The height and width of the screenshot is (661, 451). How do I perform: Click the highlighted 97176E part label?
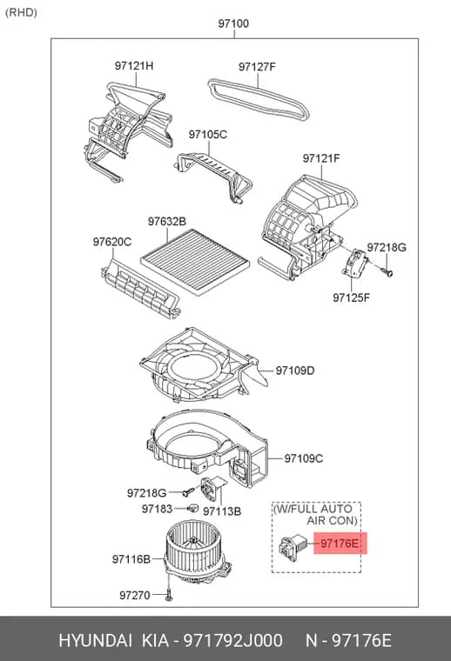(x=340, y=543)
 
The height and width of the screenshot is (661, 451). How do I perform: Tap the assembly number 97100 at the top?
(x=233, y=23)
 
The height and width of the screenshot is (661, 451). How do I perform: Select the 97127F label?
(x=257, y=67)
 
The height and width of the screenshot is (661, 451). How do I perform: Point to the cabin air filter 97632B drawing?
(x=195, y=262)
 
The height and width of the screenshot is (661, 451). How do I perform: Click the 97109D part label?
(x=295, y=371)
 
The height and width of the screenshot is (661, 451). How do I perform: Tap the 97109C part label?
(x=303, y=457)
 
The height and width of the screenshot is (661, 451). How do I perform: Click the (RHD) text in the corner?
(x=21, y=12)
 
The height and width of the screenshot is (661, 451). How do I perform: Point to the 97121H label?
(x=134, y=66)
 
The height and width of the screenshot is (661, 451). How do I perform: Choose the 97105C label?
(x=207, y=135)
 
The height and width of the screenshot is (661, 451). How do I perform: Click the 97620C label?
(x=112, y=242)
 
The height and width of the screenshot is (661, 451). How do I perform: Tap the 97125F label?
(x=351, y=297)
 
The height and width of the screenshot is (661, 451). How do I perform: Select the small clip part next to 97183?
(x=192, y=508)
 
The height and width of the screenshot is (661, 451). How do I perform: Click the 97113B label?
(x=222, y=511)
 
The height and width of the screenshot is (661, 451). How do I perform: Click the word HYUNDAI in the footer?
(x=95, y=641)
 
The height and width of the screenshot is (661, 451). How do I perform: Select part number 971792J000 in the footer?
(x=232, y=641)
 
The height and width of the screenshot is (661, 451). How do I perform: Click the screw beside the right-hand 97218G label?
(x=387, y=270)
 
